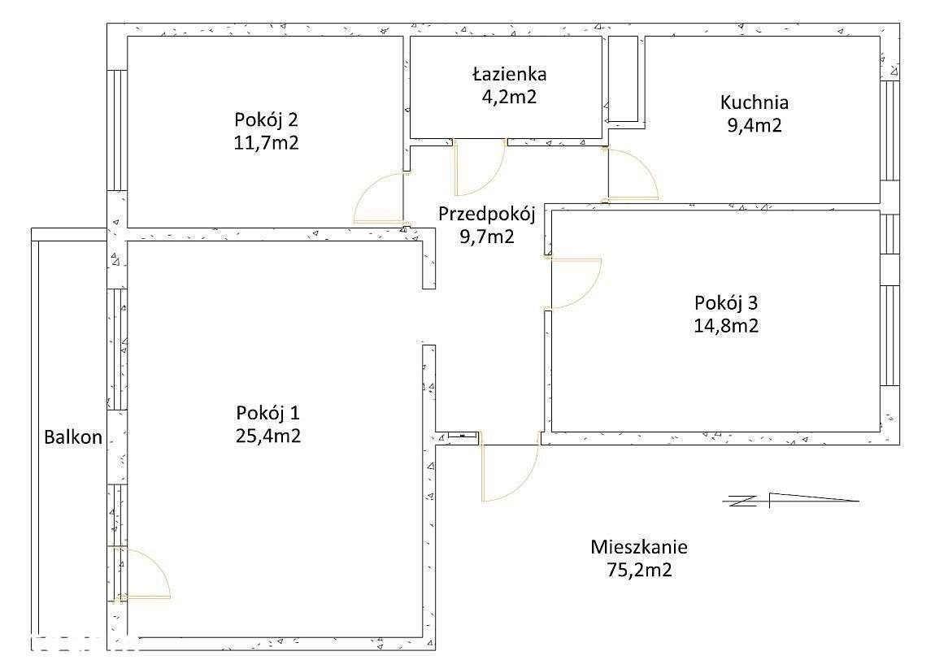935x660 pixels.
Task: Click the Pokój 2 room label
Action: pyautogui.click(x=266, y=120)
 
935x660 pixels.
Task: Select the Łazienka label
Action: pyautogui.click(x=510, y=74)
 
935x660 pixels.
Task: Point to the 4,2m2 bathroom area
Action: pyautogui.click(x=510, y=97)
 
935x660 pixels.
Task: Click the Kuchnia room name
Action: pyautogui.click(x=754, y=102)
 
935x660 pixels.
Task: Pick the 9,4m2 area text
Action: pyautogui.click(x=754, y=125)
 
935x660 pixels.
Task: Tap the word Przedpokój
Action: pyautogui.click(x=486, y=215)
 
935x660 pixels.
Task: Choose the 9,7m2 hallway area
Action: pyautogui.click(x=486, y=237)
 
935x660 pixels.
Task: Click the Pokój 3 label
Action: pyautogui.click(x=726, y=303)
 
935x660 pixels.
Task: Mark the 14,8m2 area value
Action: pyautogui.click(x=726, y=326)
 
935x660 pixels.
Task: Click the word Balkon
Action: pyautogui.click(x=73, y=437)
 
